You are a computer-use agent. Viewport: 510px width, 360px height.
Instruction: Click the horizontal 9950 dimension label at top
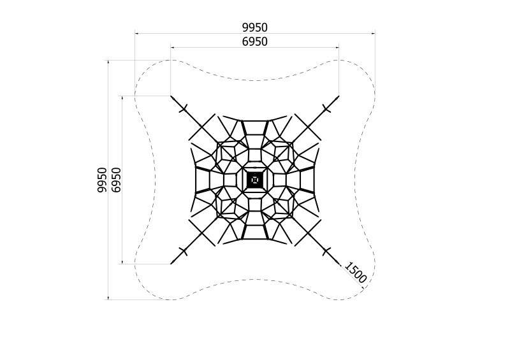click(254, 27)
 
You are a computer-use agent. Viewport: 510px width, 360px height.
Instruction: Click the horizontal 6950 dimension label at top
click(254, 41)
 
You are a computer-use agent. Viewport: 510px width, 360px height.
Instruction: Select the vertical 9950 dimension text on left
click(102, 180)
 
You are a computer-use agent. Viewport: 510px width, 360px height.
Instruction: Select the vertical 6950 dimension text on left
click(116, 180)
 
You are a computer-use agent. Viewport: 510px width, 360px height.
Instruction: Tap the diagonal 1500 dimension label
click(355, 273)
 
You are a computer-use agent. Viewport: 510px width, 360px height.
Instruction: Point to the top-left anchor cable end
click(171, 96)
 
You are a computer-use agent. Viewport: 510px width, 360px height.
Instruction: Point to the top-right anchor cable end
click(339, 96)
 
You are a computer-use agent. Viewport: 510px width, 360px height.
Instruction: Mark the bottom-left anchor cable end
click(171, 263)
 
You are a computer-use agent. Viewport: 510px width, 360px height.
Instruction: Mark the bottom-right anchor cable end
click(339, 263)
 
